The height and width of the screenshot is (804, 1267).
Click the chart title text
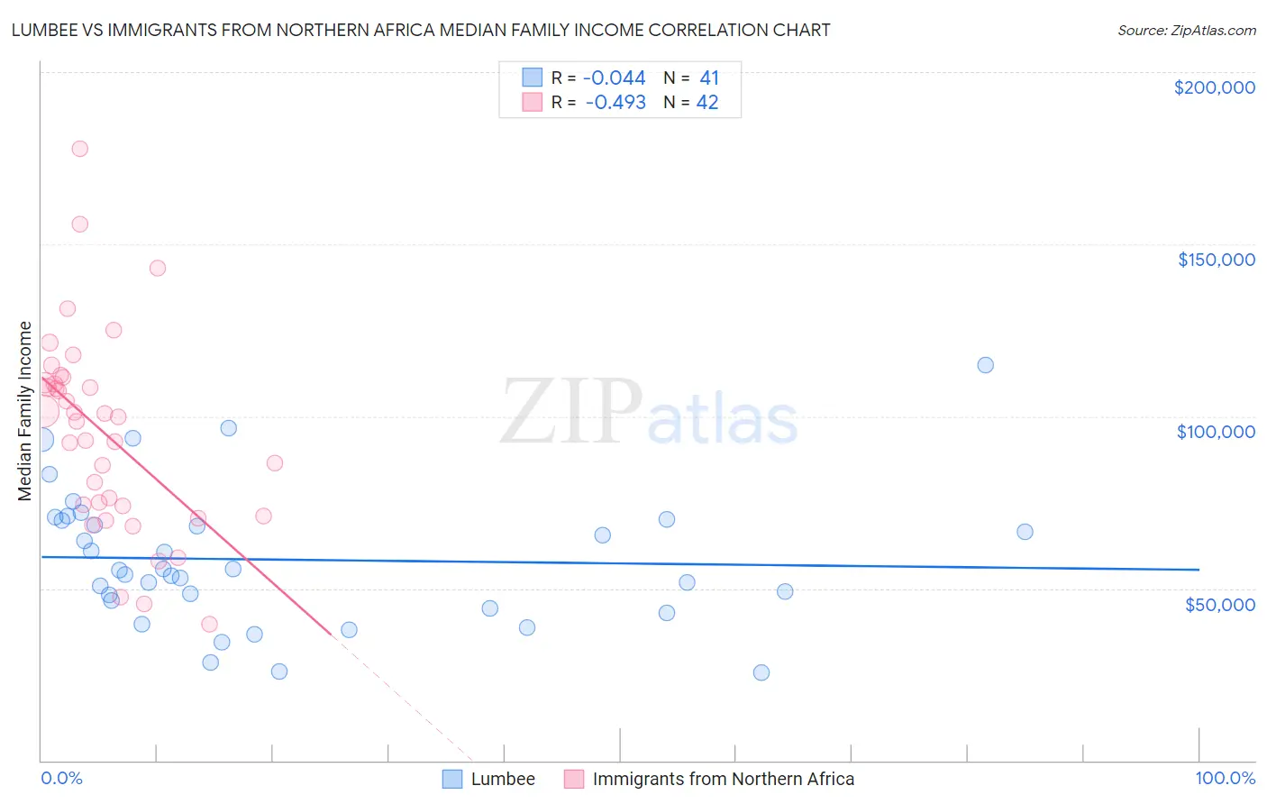[421, 30]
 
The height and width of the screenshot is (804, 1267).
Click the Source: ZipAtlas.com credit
[1186, 30]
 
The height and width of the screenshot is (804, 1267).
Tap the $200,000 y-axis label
[1214, 87]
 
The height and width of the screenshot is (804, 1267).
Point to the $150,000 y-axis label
[1216, 260]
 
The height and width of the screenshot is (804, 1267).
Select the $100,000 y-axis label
[1216, 432]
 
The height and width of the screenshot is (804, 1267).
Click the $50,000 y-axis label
[1219, 604]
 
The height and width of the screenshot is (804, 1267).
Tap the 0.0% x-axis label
[61, 778]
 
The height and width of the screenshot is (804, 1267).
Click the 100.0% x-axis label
[1225, 778]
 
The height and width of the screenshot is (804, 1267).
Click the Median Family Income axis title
[25, 410]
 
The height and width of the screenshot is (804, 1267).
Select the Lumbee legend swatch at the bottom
[452, 779]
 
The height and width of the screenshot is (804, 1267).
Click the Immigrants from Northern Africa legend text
[723, 779]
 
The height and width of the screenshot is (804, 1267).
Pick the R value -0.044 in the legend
[614, 78]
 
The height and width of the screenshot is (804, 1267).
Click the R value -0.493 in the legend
[615, 103]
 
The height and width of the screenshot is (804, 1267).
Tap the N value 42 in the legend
[707, 103]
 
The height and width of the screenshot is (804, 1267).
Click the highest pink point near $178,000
[79, 149]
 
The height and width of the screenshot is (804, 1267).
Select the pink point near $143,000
[158, 268]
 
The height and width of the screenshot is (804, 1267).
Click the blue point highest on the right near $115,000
[985, 365]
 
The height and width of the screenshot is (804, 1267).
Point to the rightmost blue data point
[1025, 532]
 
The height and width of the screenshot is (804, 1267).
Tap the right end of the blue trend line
[1199, 570]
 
